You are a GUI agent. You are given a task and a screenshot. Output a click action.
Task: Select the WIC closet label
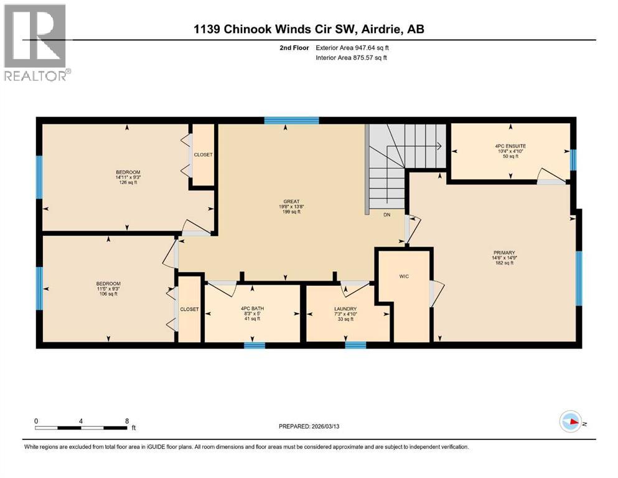pyautogui.click(x=404, y=276)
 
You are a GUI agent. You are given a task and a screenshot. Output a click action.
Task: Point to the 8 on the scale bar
pyautogui.click(x=127, y=421)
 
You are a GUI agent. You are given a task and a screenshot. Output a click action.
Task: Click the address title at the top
pyautogui.click(x=309, y=29)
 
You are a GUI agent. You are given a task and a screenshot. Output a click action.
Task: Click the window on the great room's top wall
pyautogui.click(x=291, y=121)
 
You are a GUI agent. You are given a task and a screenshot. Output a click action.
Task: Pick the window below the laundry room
pyautogui.click(x=355, y=345)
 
